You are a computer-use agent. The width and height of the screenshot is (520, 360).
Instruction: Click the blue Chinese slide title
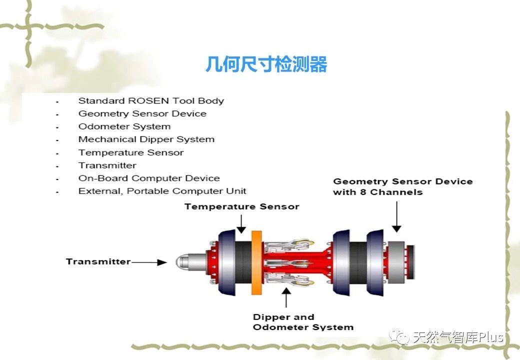[266, 64]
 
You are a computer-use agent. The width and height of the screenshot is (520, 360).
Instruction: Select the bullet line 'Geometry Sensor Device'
[142, 113]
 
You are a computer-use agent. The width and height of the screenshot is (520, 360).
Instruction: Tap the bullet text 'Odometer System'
[124, 126]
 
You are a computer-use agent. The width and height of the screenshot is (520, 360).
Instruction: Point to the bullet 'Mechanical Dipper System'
[146, 139]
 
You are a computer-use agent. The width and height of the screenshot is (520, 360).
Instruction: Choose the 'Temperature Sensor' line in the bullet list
[130, 152]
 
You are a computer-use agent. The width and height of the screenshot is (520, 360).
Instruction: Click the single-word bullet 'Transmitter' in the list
[107, 165]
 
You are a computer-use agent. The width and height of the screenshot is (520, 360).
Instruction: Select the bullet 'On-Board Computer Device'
[149, 178]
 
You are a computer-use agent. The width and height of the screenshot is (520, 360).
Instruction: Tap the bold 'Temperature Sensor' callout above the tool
[242, 206]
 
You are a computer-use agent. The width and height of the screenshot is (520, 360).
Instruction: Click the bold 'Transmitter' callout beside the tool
[98, 261]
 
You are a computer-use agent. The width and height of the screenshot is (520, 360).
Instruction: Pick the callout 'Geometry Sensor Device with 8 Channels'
[402, 186]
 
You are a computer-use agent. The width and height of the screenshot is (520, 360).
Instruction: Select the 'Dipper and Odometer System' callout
[303, 322]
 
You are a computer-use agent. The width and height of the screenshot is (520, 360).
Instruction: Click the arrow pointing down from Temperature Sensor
[241, 224]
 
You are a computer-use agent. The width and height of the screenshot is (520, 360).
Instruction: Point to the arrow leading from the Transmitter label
[149, 262]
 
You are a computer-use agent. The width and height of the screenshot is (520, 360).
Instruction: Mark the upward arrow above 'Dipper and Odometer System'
[286, 297]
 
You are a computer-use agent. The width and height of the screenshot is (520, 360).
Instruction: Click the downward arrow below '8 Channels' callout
[396, 217]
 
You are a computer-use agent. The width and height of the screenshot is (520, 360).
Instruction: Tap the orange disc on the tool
[256, 262]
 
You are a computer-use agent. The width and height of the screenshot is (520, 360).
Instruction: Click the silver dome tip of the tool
[181, 262]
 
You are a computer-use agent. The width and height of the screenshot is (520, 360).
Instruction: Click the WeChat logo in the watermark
[399, 337]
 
